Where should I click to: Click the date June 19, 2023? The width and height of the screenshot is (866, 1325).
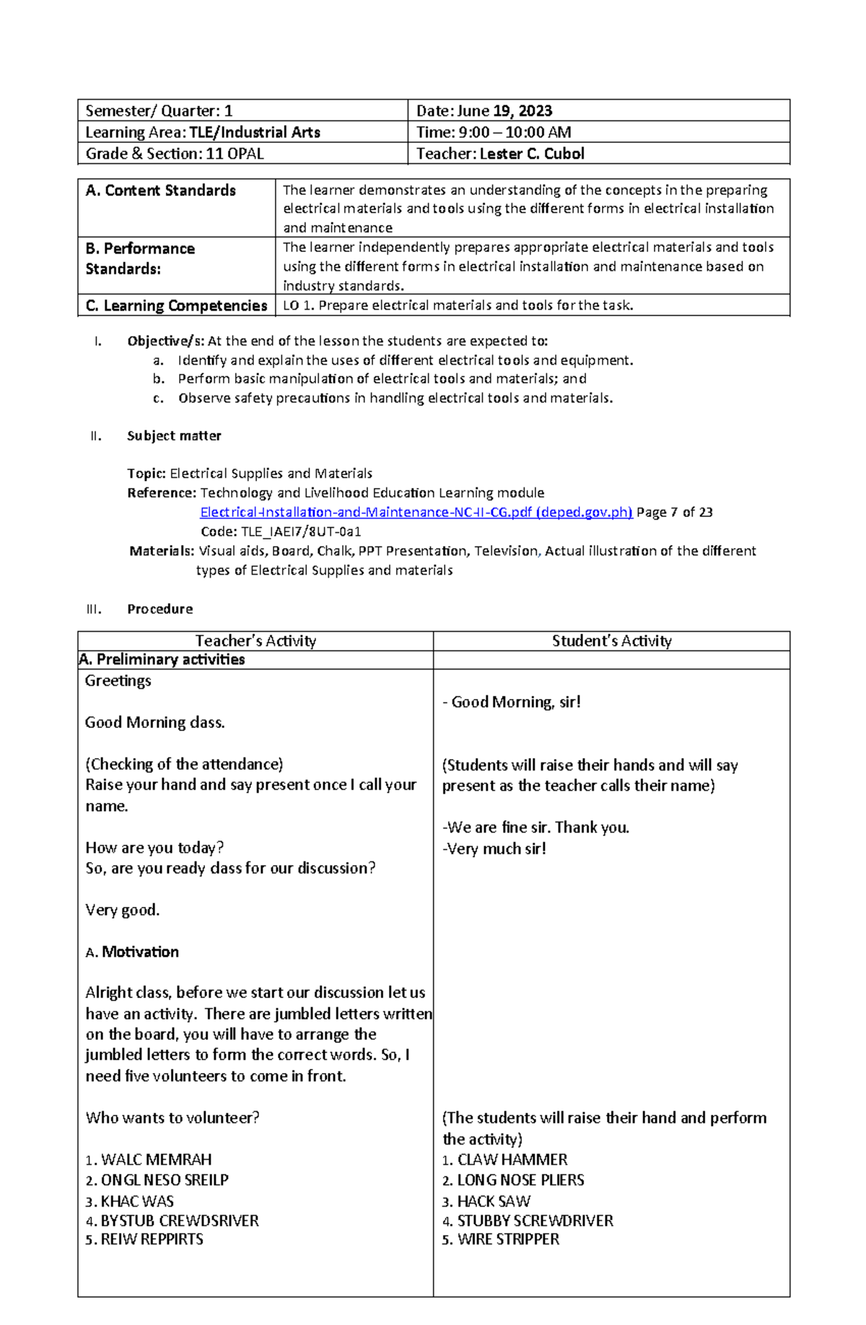[x=504, y=110]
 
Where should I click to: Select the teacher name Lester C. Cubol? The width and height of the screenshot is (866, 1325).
[x=532, y=154]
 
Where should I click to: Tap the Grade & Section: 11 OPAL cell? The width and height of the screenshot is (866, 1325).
[x=175, y=154]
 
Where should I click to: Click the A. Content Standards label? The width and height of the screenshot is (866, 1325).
[x=161, y=191]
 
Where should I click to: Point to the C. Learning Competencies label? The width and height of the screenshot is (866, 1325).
[x=176, y=305]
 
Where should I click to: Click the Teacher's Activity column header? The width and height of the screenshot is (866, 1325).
[x=255, y=640]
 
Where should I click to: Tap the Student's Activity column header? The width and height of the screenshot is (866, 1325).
[x=611, y=640]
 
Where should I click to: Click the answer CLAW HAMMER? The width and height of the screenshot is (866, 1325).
[x=512, y=1160]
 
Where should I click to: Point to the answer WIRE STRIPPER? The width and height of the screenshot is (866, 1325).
[x=508, y=1239]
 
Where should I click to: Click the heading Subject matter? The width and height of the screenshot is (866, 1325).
[x=174, y=435]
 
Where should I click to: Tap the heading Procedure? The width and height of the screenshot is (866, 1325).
[x=159, y=609]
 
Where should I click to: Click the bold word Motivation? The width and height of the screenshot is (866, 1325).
[x=140, y=952]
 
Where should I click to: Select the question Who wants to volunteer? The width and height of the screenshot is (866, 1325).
[x=172, y=1118]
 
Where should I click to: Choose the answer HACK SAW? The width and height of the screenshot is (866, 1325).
[x=494, y=1202]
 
